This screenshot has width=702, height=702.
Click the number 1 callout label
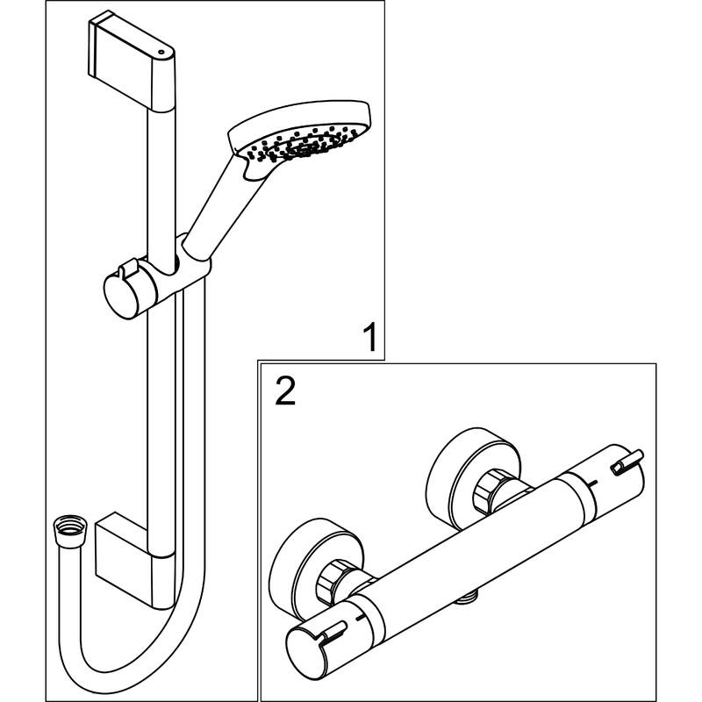point(371,337)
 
